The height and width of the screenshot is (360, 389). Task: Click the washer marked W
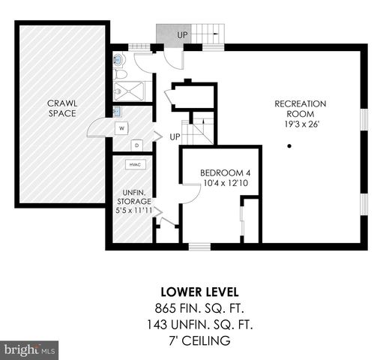(121, 128)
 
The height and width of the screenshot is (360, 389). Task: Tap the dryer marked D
(136, 145)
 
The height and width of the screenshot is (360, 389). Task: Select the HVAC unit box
(136, 164)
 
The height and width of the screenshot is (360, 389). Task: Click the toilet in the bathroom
(120, 74)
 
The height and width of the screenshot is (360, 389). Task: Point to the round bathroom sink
(118, 60)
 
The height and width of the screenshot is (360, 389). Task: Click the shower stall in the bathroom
(129, 91)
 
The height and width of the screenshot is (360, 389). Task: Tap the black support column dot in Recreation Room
(289, 145)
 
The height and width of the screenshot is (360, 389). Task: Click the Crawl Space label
(62, 108)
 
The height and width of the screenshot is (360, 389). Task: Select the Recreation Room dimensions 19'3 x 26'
(302, 124)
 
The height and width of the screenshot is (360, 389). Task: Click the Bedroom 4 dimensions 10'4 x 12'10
(226, 183)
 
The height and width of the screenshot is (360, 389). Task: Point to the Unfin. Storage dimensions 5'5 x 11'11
(133, 210)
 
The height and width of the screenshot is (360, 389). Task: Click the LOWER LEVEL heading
(199, 292)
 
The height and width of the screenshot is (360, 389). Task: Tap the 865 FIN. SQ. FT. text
(199, 308)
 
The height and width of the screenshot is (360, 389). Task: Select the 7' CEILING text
(199, 340)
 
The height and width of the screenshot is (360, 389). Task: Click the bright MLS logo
(29, 350)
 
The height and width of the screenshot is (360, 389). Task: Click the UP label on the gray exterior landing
(182, 35)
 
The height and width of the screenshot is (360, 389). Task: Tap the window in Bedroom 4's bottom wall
(199, 247)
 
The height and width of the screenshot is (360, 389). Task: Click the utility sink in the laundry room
(117, 112)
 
